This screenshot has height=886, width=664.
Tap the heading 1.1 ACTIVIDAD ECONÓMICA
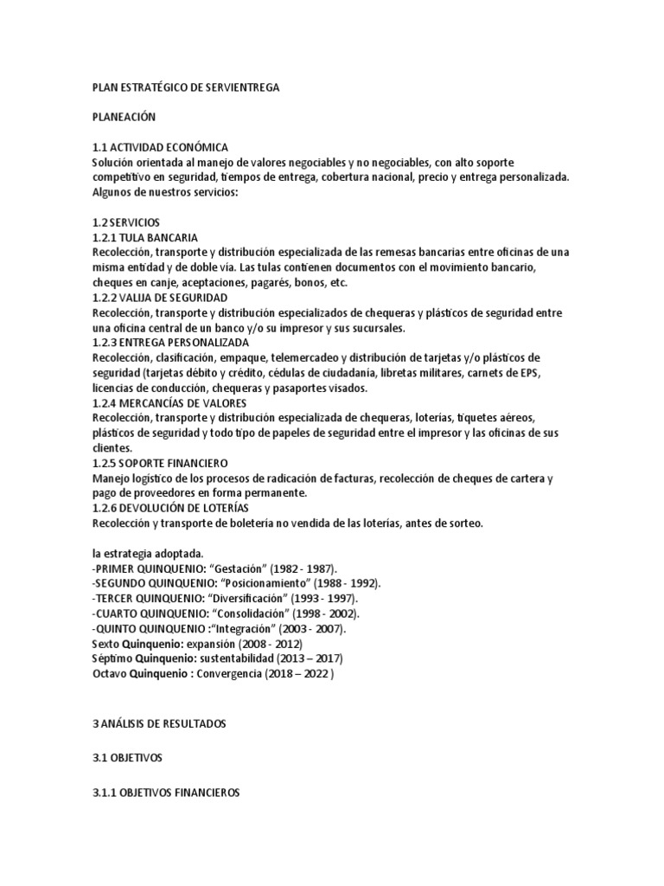(160, 147)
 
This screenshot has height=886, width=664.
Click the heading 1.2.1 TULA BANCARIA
(144, 236)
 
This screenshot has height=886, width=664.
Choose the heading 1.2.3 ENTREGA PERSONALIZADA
(169, 343)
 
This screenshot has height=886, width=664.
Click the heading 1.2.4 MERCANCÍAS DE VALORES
(169, 402)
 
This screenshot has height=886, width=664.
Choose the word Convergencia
(221, 674)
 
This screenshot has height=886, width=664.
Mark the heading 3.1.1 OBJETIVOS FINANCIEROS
(166, 793)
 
